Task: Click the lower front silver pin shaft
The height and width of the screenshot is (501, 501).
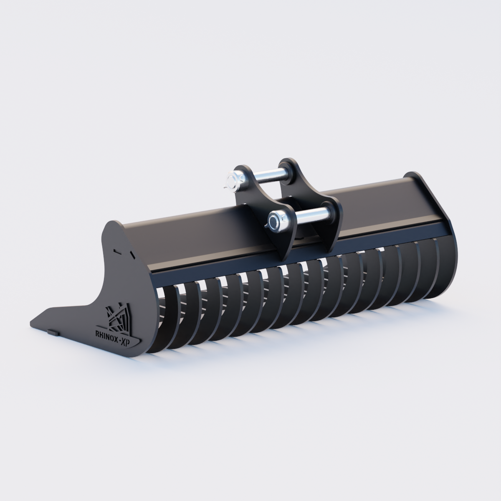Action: point(312,215)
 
